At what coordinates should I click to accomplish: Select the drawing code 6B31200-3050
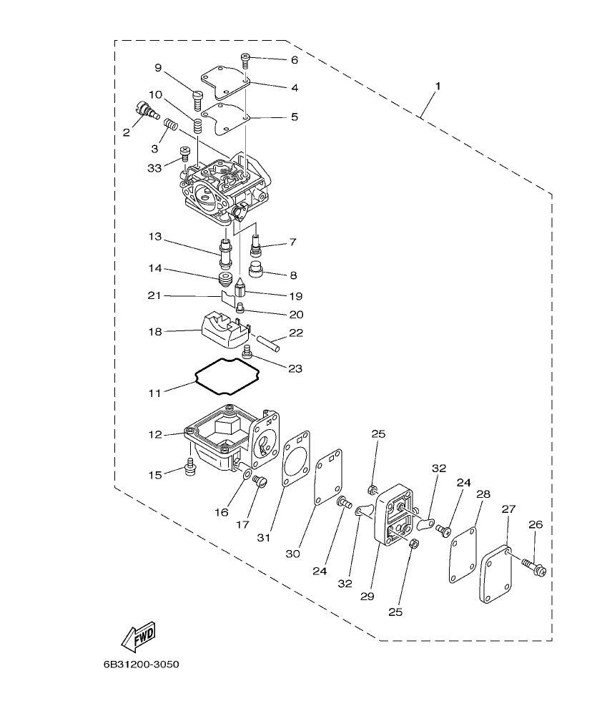coord(141,664)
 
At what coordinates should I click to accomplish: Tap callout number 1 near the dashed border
coord(438,86)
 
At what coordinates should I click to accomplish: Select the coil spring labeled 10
coord(199,126)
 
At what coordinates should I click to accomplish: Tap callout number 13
coord(155,236)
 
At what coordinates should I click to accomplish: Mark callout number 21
coord(155,295)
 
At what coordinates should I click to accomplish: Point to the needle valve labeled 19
coord(241,290)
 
